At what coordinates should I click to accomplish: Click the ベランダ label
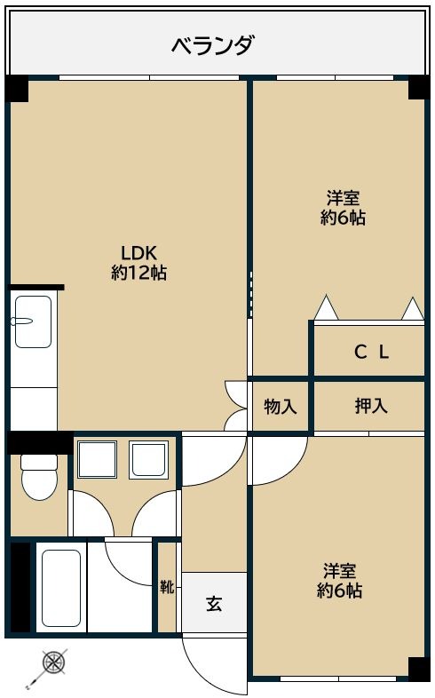(x=213, y=44)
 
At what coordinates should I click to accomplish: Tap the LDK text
(x=138, y=251)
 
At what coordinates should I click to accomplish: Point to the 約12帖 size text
(x=138, y=273)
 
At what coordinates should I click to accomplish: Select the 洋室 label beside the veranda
(x=343, y=197)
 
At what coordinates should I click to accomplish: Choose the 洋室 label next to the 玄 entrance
(x=341, y=569)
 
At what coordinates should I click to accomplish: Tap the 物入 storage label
(x=281, y=407)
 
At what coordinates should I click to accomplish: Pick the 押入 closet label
(x=371, y=407)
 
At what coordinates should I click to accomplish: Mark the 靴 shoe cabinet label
(x=167, y=587)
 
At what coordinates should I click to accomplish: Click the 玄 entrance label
(x=214, y=604)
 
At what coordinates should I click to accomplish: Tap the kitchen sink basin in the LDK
(x=33, y=321)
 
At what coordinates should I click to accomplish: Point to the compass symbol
(x=54, y=662)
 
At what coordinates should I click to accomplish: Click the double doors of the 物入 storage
(x=236, y=407)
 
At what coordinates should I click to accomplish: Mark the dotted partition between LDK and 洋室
(x=250, y=294)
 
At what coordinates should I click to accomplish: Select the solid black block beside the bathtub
(x=20, y=587)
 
